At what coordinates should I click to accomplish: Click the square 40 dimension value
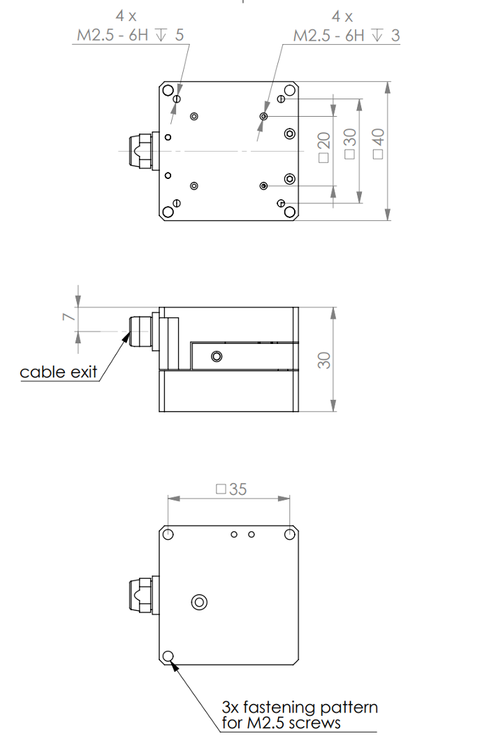[379, 143]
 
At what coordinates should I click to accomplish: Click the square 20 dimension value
[324, 147]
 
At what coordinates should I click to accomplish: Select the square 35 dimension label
[231, 489]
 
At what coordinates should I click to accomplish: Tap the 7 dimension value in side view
[69, 317]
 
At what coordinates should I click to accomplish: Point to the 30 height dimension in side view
[324, 360]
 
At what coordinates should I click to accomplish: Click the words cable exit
[58, 372]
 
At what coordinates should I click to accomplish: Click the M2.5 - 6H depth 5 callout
[131, 35]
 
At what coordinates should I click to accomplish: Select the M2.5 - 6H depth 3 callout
[346, 35]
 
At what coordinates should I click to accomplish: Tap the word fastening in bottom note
[279, 707]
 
